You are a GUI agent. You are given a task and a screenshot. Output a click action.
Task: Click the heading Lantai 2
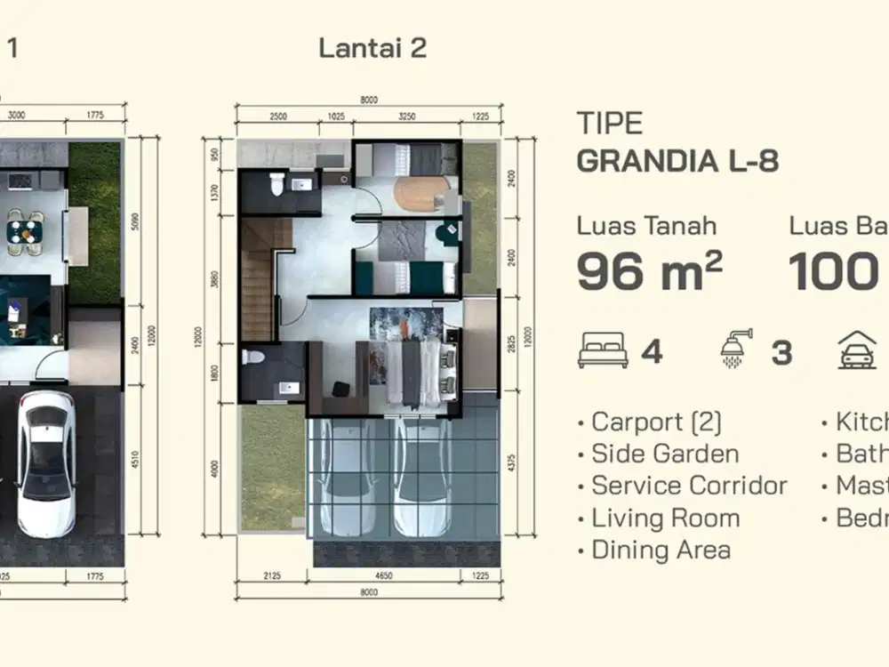(372, 48)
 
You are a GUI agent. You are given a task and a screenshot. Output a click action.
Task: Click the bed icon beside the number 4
(603, 351)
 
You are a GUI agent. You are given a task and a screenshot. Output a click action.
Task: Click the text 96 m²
(649, 271)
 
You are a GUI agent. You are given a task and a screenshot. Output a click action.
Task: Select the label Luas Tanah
(646, 226)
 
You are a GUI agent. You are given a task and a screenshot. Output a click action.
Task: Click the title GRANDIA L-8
(678, 162)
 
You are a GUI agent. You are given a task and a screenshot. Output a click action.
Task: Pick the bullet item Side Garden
(665, 454)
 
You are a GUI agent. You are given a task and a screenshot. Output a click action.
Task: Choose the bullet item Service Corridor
(689, 486)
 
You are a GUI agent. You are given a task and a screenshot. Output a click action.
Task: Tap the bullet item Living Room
(665, 518)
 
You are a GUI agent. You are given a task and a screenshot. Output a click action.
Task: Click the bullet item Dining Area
(661, 550)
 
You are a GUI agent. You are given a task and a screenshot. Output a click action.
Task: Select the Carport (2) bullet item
(656, 422)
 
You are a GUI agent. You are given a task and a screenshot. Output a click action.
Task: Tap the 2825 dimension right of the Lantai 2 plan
(511, 344)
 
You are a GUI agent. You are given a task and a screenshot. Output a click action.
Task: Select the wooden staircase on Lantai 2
(258, 276)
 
